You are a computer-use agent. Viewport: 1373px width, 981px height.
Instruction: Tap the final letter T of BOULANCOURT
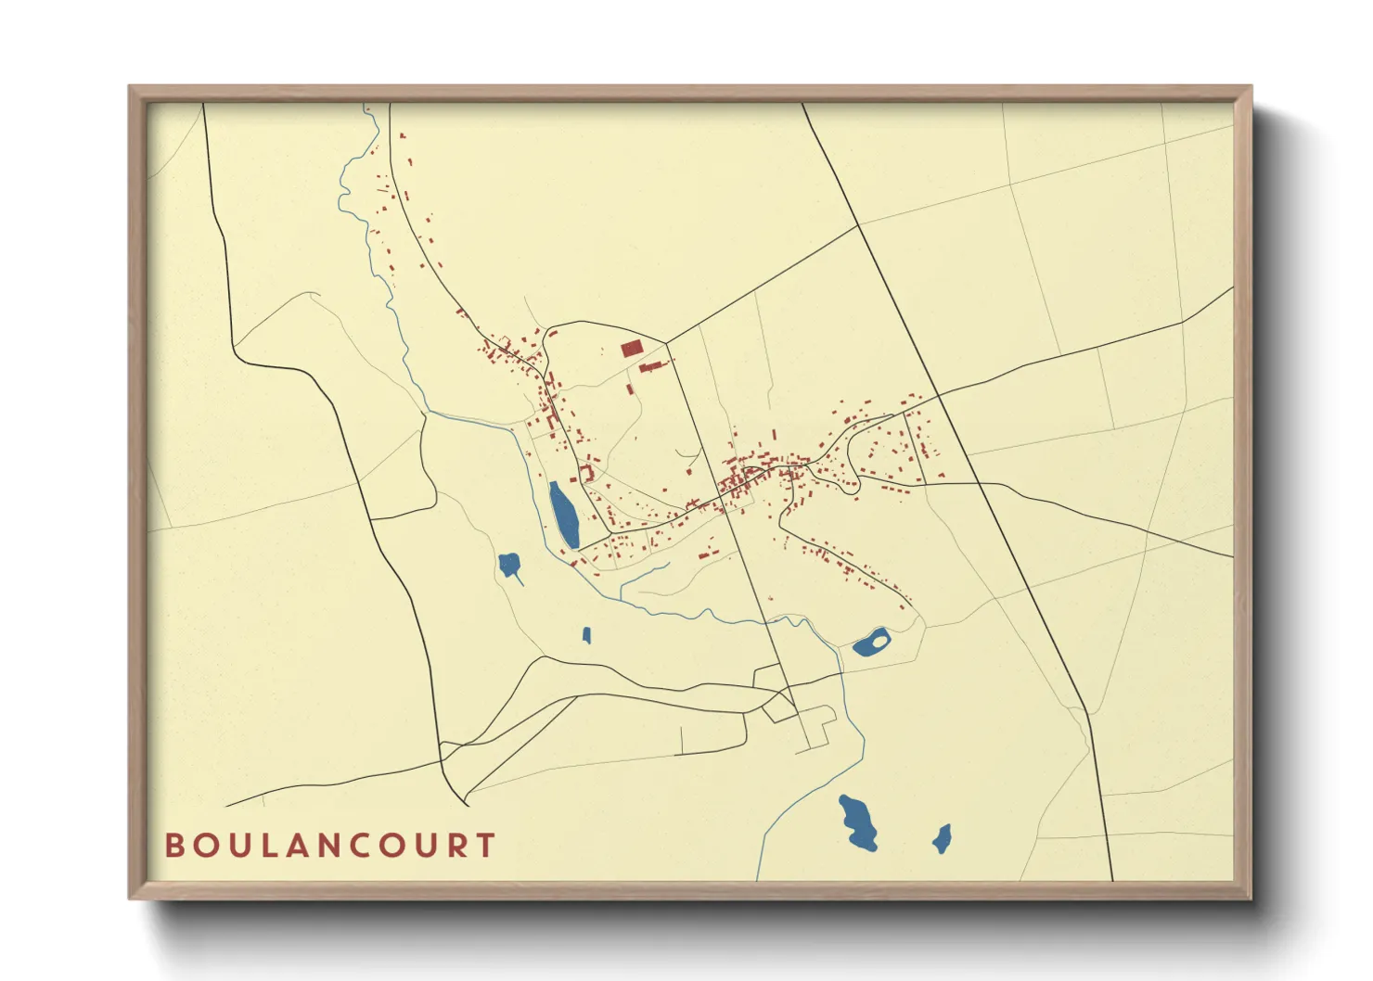484,846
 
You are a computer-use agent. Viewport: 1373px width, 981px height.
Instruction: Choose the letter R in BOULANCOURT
456,846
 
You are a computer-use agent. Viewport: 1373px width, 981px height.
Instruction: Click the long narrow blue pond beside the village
563,515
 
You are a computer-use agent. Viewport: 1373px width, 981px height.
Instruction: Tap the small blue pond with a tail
508,564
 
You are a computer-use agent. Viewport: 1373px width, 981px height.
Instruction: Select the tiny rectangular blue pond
586,635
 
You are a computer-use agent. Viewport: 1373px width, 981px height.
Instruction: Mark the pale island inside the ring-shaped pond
878,639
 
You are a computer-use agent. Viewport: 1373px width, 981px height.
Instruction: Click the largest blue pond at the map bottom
859,821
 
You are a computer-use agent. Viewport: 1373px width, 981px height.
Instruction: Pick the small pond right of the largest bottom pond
942,839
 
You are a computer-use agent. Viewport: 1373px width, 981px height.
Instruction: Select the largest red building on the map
632,349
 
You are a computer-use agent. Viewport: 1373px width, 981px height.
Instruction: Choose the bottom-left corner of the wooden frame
131,898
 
